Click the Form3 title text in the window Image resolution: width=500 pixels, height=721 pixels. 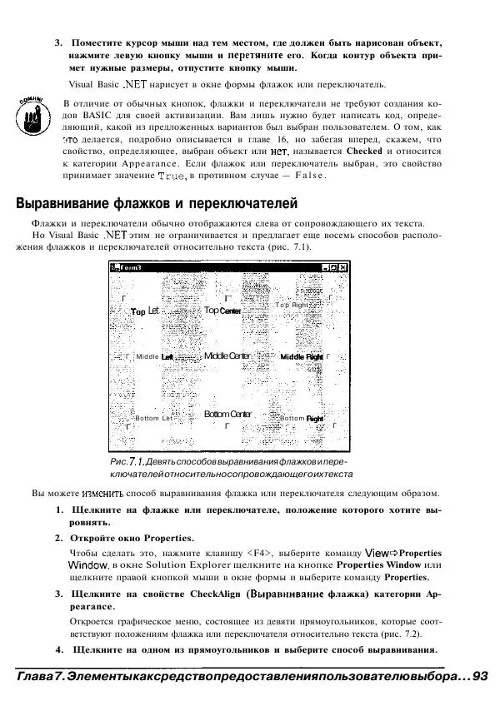[x=132, y=268]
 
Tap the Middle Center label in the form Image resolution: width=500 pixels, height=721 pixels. [x=227, y=356]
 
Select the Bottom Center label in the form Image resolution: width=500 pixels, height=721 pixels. [x=227, y=414]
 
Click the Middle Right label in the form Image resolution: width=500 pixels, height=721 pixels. [x=302, y=356]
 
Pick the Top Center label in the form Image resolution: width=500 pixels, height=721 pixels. [x=222, y=311]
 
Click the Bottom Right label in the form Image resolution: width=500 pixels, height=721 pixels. [x=301, y=418]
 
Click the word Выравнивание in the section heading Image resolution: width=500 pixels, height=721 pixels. [x=67, y=204]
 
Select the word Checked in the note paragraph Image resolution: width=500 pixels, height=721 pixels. [x=363, y=152]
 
